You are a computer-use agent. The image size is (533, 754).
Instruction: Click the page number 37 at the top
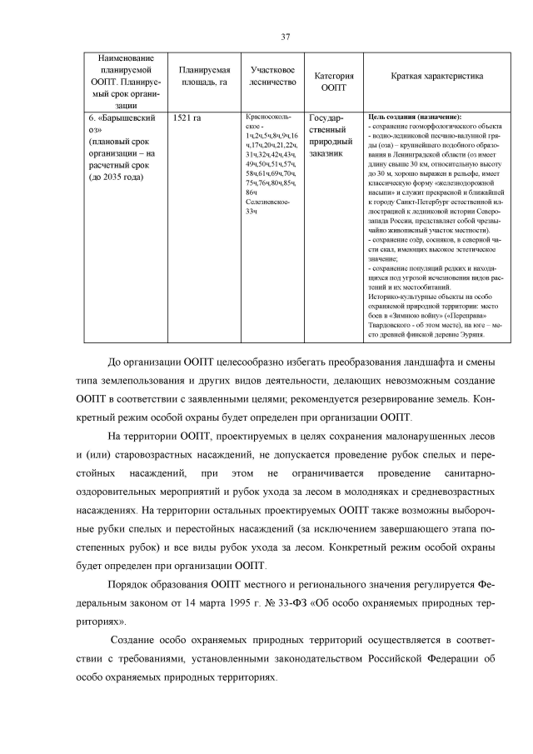(x=285, y=37)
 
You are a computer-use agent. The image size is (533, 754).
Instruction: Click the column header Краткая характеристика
(x=436, y=76)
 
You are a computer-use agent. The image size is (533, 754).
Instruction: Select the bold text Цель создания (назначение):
(x=414, y=117)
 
